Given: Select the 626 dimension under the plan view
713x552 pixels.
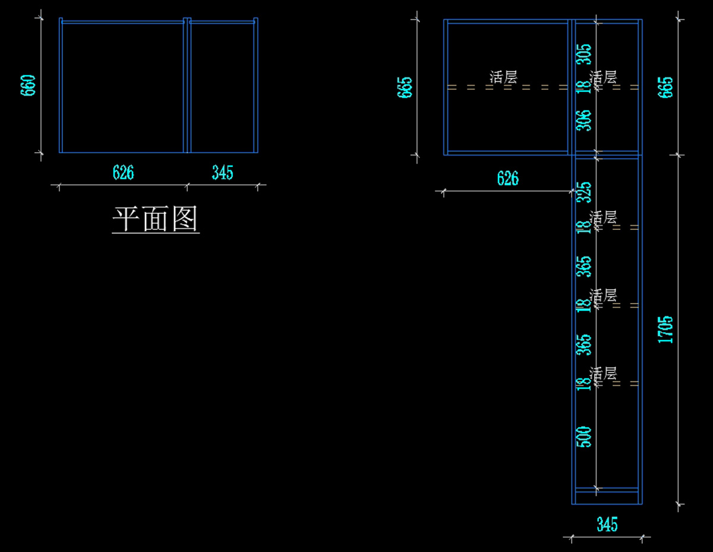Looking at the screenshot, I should click(x=123, y=172).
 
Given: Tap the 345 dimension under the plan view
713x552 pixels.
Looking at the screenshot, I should click(x=222, y=172).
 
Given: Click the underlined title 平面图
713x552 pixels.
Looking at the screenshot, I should click(x=156, y=219).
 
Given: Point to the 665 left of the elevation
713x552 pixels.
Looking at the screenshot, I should click(x=406, y=87).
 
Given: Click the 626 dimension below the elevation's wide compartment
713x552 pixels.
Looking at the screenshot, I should click(x=507, y=178).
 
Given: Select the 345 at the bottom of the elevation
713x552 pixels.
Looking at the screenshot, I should click(x=607, y=524).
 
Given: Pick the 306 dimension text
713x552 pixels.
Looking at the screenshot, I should click(x=585, y=121).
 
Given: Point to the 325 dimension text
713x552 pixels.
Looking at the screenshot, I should click(x=585, y=191).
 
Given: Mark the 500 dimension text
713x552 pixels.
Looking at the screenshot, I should click(x=585, y=437).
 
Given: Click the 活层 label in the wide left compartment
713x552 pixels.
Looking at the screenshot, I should click(x=503, y=77).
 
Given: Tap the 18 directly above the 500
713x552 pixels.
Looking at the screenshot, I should click(x=585, y=384).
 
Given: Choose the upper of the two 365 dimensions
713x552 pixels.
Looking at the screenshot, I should click(x=585, y=266).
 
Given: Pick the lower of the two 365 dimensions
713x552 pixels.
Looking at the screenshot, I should click(x=585, y=345).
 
